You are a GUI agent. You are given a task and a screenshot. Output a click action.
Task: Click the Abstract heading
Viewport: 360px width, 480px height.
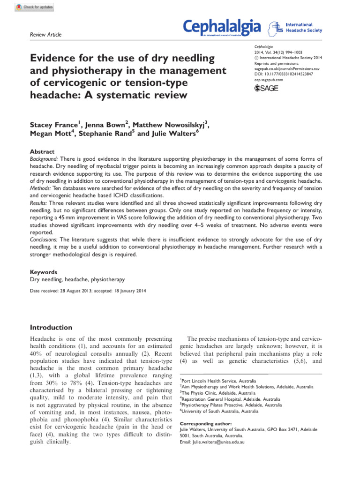coord(42,152)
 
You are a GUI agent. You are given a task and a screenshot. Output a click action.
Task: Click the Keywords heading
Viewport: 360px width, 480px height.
coord(44,271)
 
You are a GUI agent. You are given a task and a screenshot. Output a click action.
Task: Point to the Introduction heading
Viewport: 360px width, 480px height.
coord(51,327)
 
